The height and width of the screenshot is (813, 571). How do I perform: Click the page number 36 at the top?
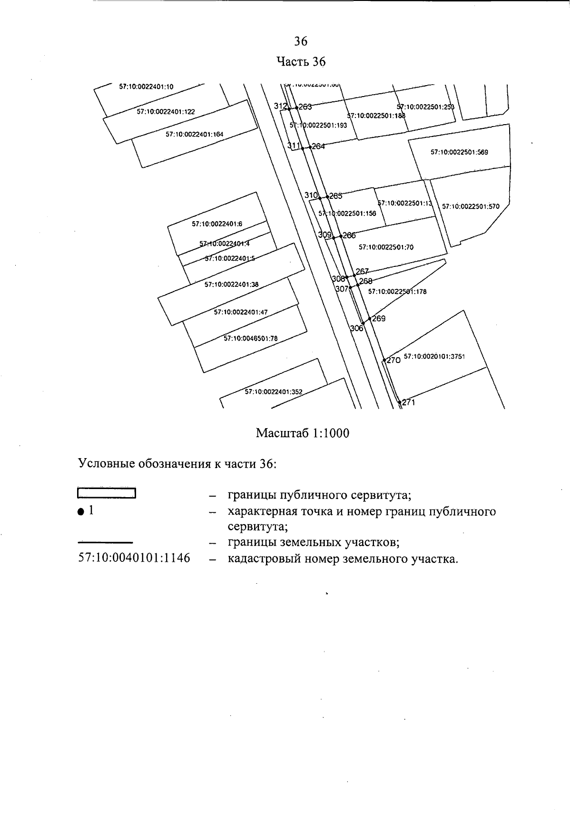click(x=301, y=41)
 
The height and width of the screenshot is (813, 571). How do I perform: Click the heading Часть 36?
click(x=301, y=62)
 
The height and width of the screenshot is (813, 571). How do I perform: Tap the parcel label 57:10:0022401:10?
click(x=146, y=87)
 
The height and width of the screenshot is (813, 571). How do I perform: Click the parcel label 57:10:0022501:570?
click(x=471, y=206)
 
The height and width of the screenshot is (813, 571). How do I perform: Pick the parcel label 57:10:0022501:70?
click(x=386, y=247)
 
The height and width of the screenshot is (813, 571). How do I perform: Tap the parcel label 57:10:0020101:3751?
click(x=434, y=356)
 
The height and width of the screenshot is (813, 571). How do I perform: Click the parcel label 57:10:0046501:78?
click(x=250, y=339)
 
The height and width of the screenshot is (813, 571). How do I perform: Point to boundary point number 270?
click(x=393, y=361)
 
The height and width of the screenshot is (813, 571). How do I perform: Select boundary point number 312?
click(x=280, y=107)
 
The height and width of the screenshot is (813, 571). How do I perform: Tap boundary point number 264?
click(x=318, y=147)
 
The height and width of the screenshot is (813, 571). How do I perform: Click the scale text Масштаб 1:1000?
click(x=303, y=433)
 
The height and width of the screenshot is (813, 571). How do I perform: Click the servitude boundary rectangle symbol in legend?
click(x=107, y=493)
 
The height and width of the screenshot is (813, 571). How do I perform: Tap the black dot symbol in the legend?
click(x=80, y=512)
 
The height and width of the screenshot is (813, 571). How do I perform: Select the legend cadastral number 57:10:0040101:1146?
click(x=134, y=558)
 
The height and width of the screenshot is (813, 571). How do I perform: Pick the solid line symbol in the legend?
click(x=105, y=542)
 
